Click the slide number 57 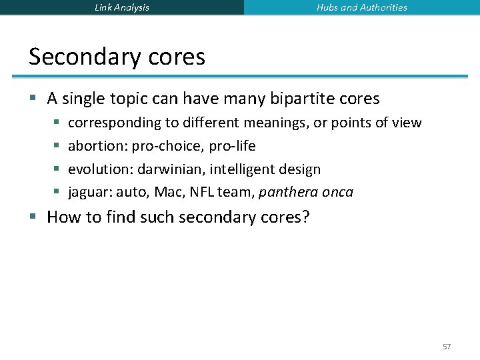[447, 347]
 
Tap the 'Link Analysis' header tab [122, 7]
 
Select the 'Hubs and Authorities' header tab [362, 7]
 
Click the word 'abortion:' [98, 146]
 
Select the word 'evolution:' [101, 169]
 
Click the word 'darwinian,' [171, 169]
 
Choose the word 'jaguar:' [90, 193]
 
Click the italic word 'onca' [337, 193]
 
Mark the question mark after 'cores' [306, 217]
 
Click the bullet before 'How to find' [33, 217]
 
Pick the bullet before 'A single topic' [33, 99]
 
